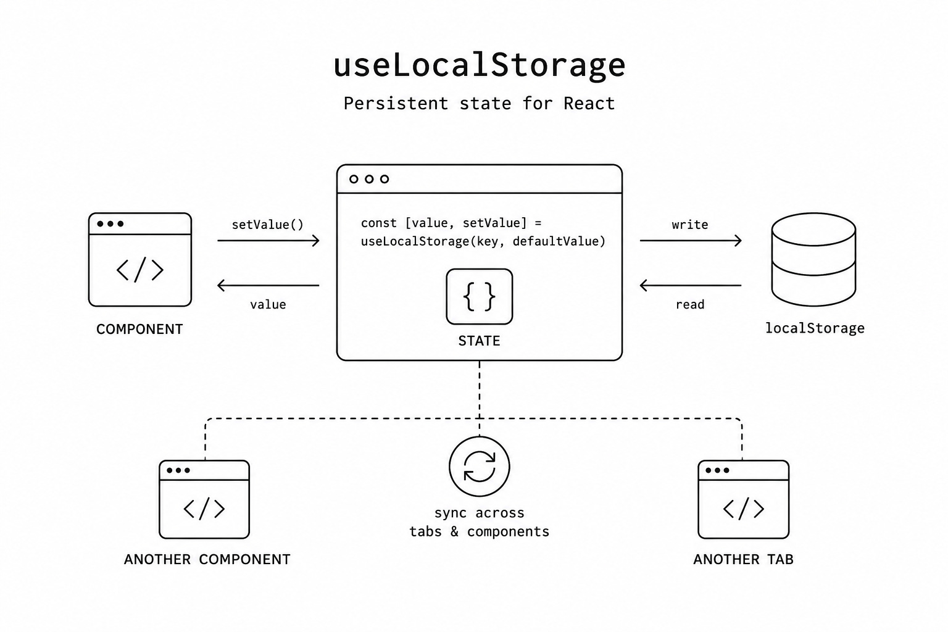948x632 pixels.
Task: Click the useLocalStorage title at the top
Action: click(480, 65)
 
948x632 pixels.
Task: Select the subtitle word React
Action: click(589, 104)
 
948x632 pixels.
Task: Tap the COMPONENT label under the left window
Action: click(139, 329)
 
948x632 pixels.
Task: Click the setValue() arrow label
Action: click(268, 225)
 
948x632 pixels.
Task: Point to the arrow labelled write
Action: click(691, 241)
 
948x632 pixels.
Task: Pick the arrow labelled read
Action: click(691, 285)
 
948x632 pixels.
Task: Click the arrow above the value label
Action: click(268, 285)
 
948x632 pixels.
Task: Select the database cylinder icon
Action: click(814, 259)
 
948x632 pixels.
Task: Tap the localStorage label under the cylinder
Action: click(815, 328)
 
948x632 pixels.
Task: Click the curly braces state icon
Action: click(480, 297)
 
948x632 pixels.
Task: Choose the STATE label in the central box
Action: click(480, 341)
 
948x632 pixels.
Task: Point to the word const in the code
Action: click(379, 223)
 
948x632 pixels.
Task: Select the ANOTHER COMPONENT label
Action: click(207, 559)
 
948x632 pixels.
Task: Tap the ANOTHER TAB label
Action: click(744, 559)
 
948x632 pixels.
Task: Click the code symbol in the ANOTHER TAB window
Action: click(744, 509)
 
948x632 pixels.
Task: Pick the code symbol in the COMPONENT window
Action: click(139, 270)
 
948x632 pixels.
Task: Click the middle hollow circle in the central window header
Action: click(369, 179)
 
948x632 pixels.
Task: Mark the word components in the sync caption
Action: click(508, 531)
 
